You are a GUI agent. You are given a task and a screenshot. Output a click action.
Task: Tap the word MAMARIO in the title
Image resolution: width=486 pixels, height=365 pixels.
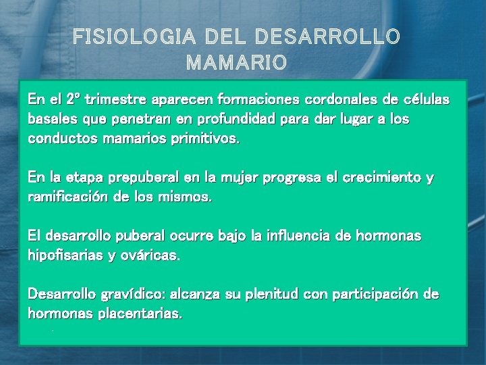(x=236, y=63)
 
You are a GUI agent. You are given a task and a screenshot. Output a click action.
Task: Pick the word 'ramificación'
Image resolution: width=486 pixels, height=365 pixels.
(x=67, y=197)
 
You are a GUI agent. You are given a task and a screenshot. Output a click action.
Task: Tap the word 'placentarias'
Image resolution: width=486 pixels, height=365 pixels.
(x=141, y=314)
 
